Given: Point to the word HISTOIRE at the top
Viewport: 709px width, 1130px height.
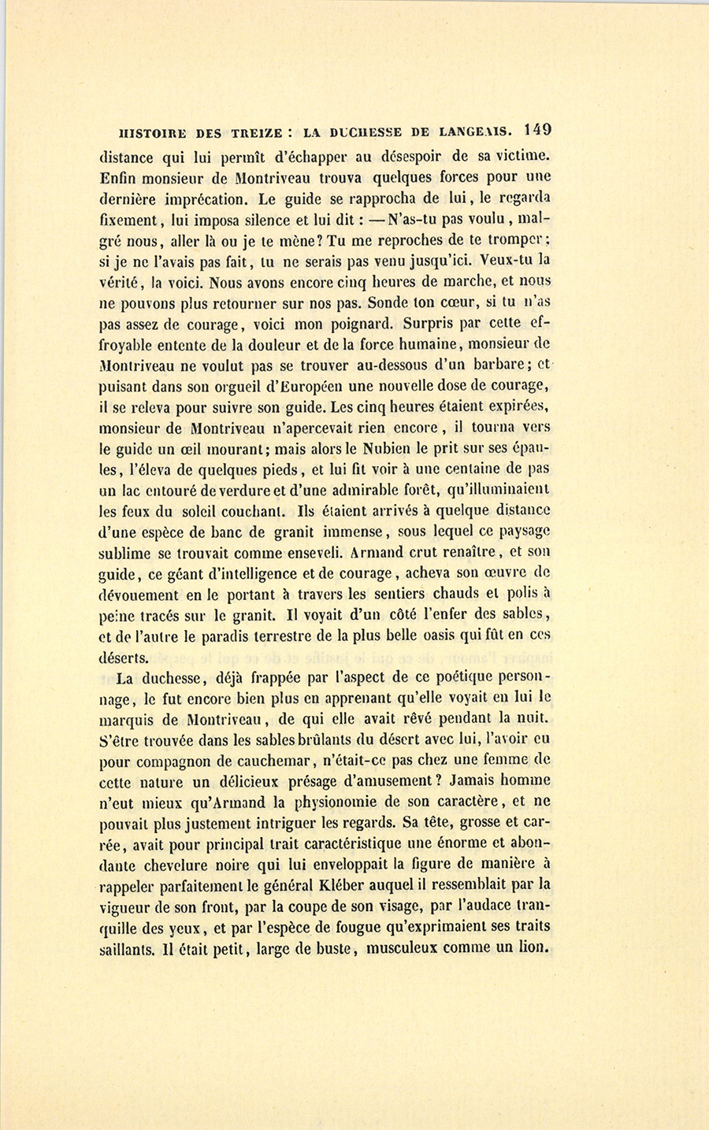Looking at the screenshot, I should [149, 132].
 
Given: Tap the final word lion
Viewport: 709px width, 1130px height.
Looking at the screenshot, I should [533, 947].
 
